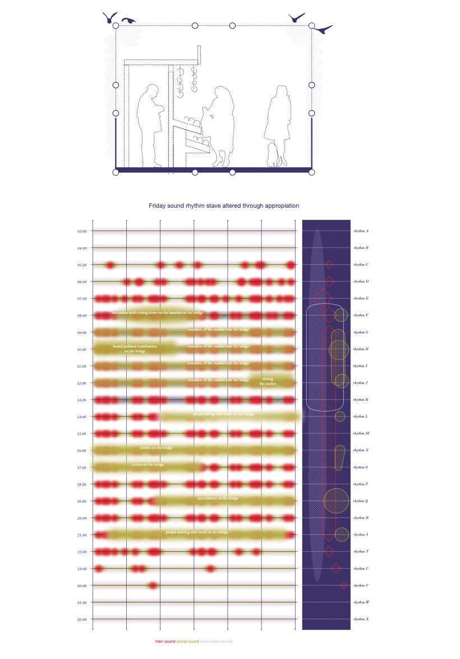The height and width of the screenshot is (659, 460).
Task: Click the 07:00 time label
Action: click(82, 299)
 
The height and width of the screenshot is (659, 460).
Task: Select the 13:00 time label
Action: click(82, 400)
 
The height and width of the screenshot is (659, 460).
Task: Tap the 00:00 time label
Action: click(82, 585)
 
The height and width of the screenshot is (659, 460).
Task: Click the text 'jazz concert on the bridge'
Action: click(218, 498)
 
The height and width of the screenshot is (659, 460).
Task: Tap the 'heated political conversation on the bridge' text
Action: click(135, 349)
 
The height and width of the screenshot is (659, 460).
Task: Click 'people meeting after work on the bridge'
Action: click(197, 532)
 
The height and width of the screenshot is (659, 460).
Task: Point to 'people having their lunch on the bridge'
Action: click(223, 414)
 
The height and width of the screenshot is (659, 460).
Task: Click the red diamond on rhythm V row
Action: click(343, 585)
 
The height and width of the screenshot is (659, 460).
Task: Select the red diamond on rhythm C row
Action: click(329, 265)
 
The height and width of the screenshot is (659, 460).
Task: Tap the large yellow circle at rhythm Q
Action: click(336, 500)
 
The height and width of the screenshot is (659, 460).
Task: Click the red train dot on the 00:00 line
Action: click(153, 585)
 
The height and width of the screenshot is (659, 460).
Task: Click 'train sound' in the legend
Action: click(165, 641)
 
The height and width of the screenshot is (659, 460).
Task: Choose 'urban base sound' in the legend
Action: click(216, 641)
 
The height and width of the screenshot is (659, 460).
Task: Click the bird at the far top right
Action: click(323, 29)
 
